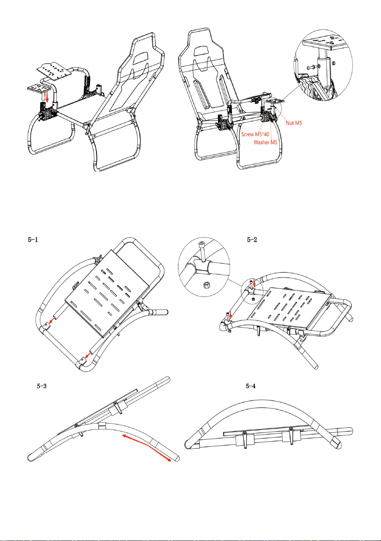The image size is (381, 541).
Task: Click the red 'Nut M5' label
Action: tap(294, 123)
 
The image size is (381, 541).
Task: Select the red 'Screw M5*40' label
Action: tap(255, 134)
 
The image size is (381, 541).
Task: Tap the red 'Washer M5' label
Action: tap(265, 142)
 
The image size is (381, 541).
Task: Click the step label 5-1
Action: tap(33, 239)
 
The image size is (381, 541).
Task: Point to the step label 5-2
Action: tap(252, 239)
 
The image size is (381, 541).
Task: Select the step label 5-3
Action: tap(42, 386)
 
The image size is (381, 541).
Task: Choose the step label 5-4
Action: tap(251, 386)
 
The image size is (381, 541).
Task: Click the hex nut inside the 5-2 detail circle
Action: tap(206, 285)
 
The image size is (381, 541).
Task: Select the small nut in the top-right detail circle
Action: tap(333, 63)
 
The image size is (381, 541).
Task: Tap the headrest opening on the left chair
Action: tap(141, 58)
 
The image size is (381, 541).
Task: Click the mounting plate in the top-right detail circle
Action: tap(326, 42)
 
